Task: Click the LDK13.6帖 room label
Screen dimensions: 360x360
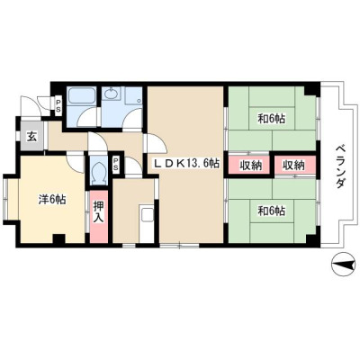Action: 187,164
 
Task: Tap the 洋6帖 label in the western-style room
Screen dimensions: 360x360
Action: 52,200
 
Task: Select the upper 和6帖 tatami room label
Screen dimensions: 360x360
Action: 272,119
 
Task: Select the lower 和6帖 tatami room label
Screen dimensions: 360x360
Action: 272,211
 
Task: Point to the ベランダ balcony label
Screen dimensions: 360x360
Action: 339,166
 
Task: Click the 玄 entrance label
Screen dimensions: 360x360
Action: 31,137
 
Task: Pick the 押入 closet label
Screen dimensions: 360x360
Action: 98,211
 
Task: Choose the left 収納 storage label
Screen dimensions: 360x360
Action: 250,166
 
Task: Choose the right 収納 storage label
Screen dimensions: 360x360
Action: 294,166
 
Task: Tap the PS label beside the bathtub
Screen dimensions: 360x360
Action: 58,105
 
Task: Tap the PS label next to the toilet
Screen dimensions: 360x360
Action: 115,164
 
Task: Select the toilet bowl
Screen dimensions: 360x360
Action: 99,172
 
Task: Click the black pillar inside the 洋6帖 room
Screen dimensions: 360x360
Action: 59,238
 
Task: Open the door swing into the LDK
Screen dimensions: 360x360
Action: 156,145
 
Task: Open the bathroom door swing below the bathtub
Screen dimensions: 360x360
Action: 86,117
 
